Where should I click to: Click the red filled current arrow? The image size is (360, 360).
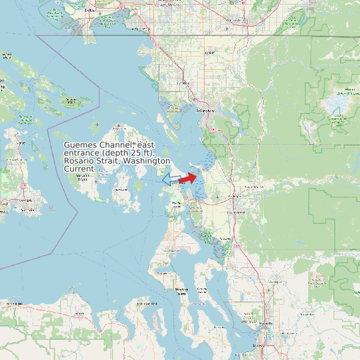click(189, 178)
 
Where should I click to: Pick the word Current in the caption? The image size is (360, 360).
click(79, 169)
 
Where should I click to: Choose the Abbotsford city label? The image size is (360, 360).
click(236, 21)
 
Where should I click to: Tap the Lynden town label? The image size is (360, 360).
click(211, 52)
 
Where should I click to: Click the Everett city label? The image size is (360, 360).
click(259, 345)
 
